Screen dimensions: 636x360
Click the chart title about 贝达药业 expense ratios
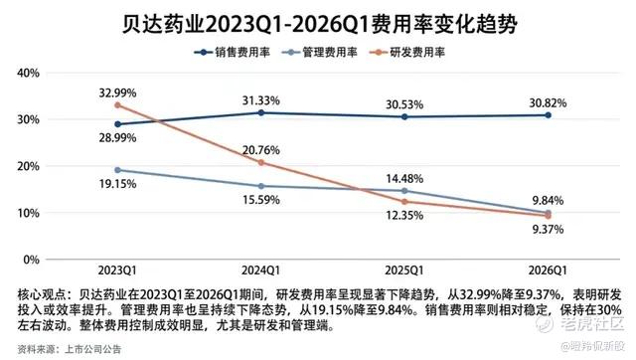[x=320, y=24]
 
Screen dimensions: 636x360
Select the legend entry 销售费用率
[x=233, y=53]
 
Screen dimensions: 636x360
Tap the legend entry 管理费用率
[x=320, y=53]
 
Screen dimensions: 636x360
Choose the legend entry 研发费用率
[x=407, y=53]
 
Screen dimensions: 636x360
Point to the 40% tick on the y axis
[x=29, y=73]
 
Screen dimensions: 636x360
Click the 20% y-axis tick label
[x=29, y=166]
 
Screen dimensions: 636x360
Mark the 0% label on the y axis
[x=31, y=260]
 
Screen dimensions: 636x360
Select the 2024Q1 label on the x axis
[x=260, y=270]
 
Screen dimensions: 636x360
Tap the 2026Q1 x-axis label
[x=548, y=270]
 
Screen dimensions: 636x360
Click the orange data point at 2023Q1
[x=117, y=105]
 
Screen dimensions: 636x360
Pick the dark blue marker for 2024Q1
[x=261, y=112]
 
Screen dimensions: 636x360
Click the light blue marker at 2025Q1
[x=404, y=191]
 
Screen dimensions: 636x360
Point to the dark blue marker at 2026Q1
[x=548, y=115]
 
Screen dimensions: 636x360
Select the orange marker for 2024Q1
[x=261, y=163]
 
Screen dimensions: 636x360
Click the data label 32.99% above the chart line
[x=117, y=92]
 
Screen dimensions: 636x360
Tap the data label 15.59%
[x=261, y=200]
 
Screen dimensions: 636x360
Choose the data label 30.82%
[x=548, y=103]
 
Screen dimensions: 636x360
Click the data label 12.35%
[x=404, y=215]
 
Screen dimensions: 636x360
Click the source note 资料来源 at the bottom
[x=37, y=349]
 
